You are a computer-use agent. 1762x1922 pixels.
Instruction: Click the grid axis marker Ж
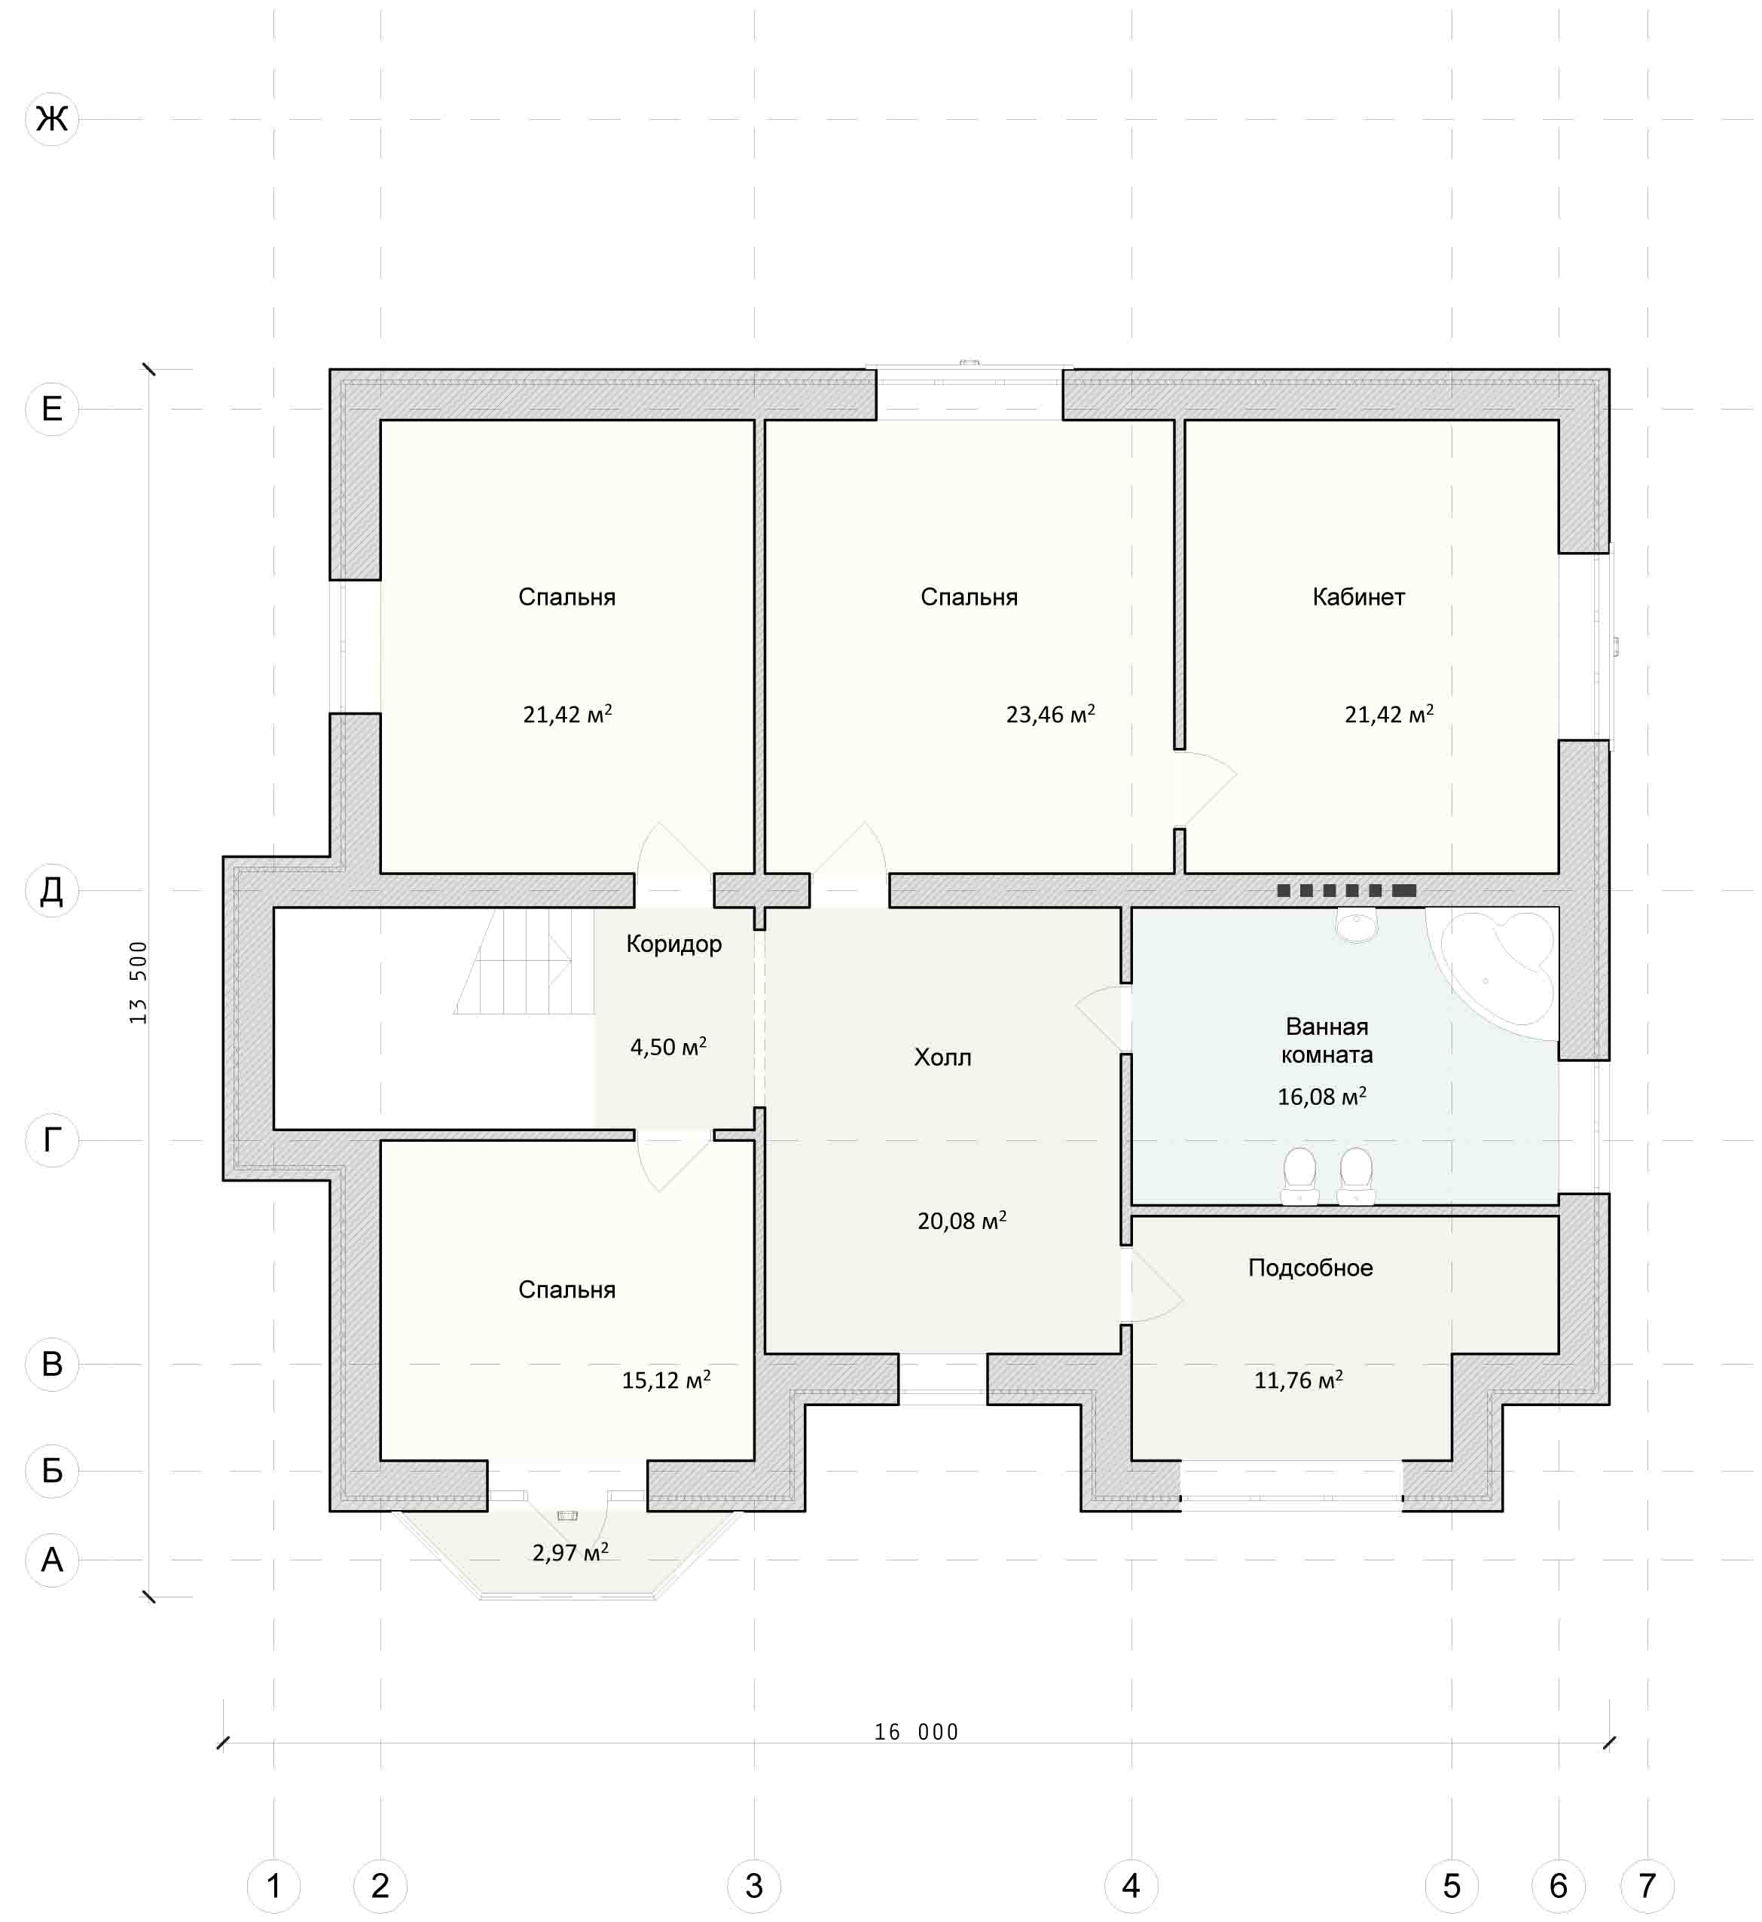point(51,119)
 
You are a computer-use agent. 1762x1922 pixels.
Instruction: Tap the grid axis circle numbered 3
point(754,1885)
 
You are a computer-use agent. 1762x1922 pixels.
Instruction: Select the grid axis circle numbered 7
point(1647,1885)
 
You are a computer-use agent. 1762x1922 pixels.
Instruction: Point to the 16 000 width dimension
point(916,1731)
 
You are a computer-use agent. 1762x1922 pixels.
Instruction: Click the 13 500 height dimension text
point(139,983)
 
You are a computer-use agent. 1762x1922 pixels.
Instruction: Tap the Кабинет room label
point(1359,596)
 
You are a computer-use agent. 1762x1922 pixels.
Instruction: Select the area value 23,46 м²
point(1051,713)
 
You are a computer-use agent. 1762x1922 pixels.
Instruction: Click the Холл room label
point(943,1057)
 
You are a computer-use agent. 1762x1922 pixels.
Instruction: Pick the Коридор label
point(674,944)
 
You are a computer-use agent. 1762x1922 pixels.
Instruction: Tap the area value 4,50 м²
point(668,1046)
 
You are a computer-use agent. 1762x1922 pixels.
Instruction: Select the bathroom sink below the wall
point(1356,926)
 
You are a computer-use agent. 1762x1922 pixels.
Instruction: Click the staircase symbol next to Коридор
point(524,961)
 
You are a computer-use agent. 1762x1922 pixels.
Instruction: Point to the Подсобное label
point(1311,1268)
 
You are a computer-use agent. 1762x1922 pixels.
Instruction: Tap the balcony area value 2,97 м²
point(570,1552)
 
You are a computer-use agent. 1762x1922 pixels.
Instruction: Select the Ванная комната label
point(1327,1040)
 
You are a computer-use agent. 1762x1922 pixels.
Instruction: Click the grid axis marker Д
point(51,890)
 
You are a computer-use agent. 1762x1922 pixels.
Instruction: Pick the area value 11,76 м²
point(1299,1380)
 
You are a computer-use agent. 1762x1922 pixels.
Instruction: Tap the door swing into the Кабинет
point(1206,789)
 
